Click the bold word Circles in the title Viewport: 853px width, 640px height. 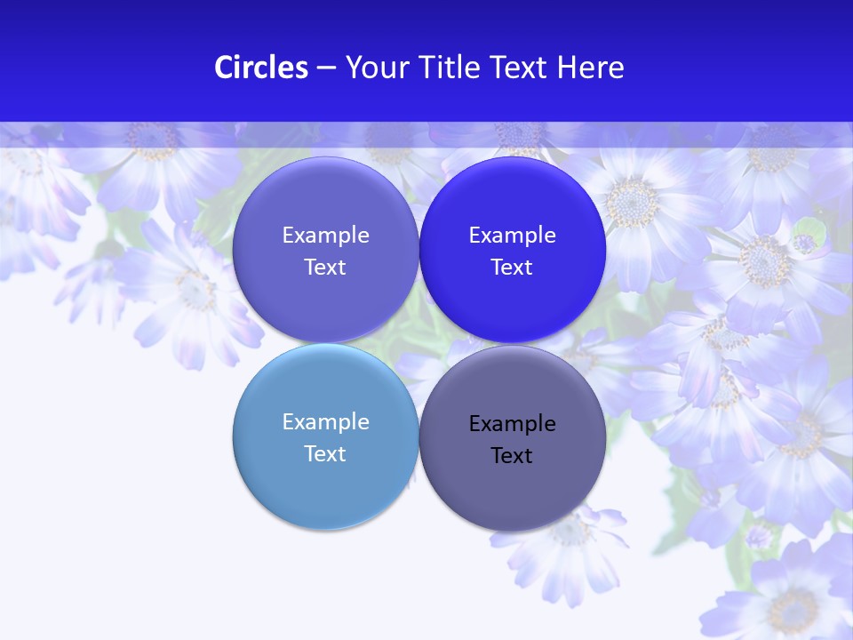pos(260,68)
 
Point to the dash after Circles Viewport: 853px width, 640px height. pos(326,68)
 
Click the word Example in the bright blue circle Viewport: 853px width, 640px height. pos(512,236)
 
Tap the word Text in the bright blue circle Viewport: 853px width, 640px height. pos(512,268)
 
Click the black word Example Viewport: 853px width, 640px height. pos(512,424)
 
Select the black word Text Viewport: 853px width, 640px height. pos(512,456)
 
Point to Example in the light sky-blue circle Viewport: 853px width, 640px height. pos(325,422)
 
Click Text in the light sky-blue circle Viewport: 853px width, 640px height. pos(325,454)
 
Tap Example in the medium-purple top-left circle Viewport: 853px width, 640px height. pos(325,236)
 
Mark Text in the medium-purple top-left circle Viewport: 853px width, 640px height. pos(325,268)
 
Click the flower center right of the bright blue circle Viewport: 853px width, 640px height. pos(632,203)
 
